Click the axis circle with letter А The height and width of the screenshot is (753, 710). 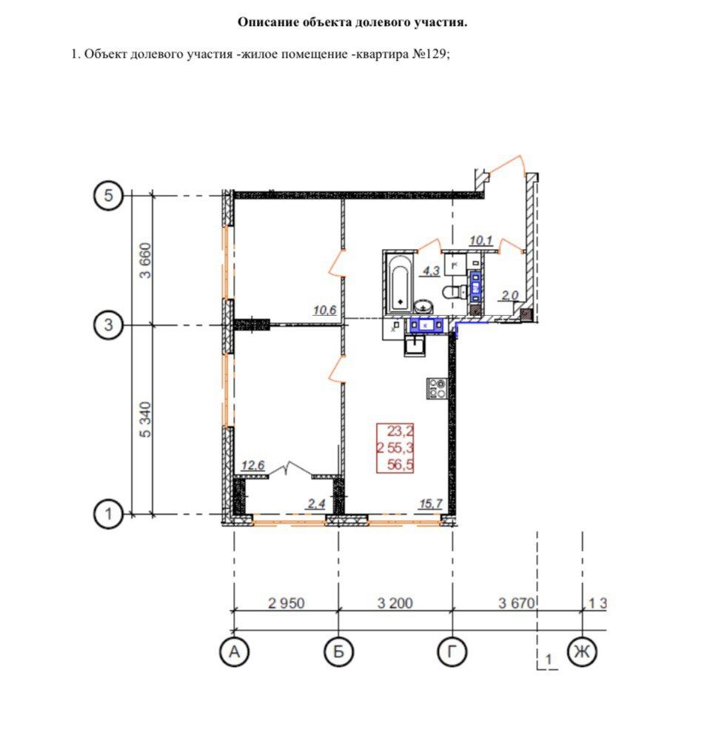pos(235,652)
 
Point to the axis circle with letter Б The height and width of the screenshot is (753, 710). pos(339,652)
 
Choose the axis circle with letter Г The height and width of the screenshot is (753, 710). pos(452,652)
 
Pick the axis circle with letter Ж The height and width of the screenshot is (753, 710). pos(582,652)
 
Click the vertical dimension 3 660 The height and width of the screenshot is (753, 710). pos(146,261)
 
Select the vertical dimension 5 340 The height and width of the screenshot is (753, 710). pos(146,419)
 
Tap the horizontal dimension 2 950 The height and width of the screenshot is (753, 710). pos(287,603)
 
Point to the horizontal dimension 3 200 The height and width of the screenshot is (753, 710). pos(395,603)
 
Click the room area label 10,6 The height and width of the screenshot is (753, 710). pos(325,311)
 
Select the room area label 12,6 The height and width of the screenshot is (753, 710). pos(253,466)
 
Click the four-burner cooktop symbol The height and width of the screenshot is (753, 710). pos(435,388)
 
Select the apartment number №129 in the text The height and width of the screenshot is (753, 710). pos(429,54)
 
